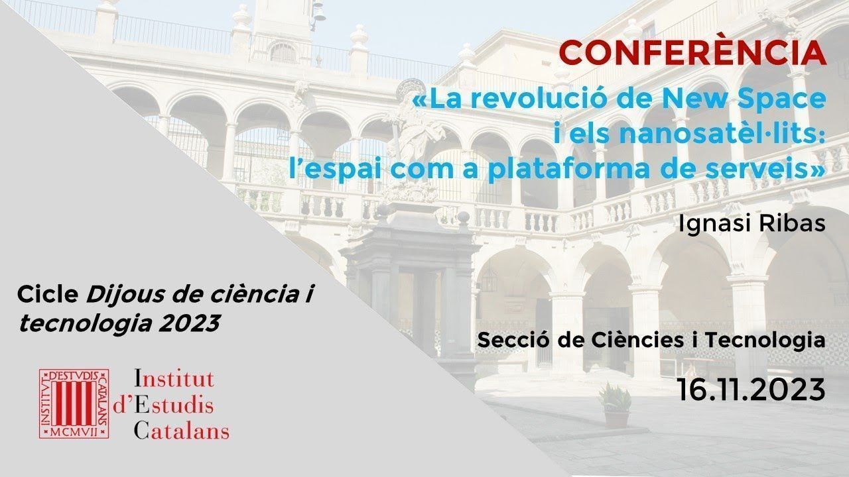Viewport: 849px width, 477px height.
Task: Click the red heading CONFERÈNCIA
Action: coord(692,53)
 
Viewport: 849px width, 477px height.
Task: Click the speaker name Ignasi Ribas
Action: coord(751,223)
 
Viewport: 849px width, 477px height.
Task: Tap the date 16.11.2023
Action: coord(751,390)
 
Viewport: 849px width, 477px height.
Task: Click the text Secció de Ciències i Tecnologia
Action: coord(651,340)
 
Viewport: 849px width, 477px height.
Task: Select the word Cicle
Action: coord(48,294)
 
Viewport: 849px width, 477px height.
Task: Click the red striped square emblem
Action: coord(74,404)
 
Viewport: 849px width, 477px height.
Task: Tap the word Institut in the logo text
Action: coord(174,379)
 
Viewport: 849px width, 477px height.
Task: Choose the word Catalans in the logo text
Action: coord(182,431)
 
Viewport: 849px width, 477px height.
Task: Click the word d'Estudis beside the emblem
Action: coord(163,405)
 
